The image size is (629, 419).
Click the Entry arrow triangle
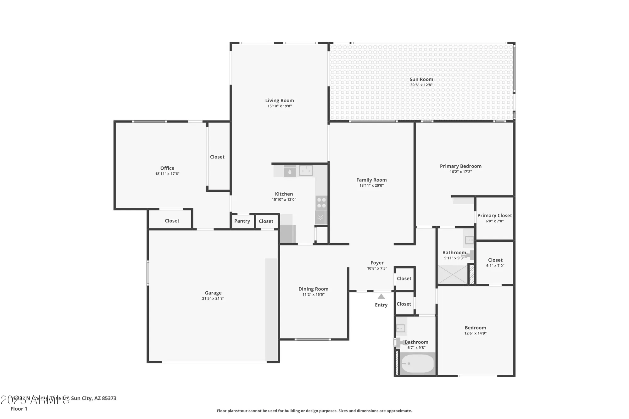tap(381, 297)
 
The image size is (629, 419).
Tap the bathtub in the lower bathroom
tap(417, 364)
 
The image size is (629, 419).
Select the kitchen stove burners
tap(321, 203)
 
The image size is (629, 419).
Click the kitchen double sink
tap(306, 171)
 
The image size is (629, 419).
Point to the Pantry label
tap(242, 221)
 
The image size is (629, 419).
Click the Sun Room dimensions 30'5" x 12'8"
tap(421, 85)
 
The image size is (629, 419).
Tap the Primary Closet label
tap(494, 216)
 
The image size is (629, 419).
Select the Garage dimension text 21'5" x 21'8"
tap(213, 299)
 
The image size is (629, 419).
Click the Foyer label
tap(377, 263)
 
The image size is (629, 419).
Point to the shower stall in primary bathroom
tap(452, 275)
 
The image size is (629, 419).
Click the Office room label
tap(167, 168)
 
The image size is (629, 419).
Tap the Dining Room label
tap(313, 289)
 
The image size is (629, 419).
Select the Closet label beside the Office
tap(217, 157)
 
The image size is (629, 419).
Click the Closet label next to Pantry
tap(266, 221)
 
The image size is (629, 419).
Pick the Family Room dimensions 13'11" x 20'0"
tap(371, 185)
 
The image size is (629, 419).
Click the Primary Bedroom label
tap(460, 166)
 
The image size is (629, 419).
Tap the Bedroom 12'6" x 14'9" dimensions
tap(475, 333)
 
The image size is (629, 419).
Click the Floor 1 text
tap(19, 409)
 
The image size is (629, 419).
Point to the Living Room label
tap(279, 101)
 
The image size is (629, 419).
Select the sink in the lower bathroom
tap(400, 328)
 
